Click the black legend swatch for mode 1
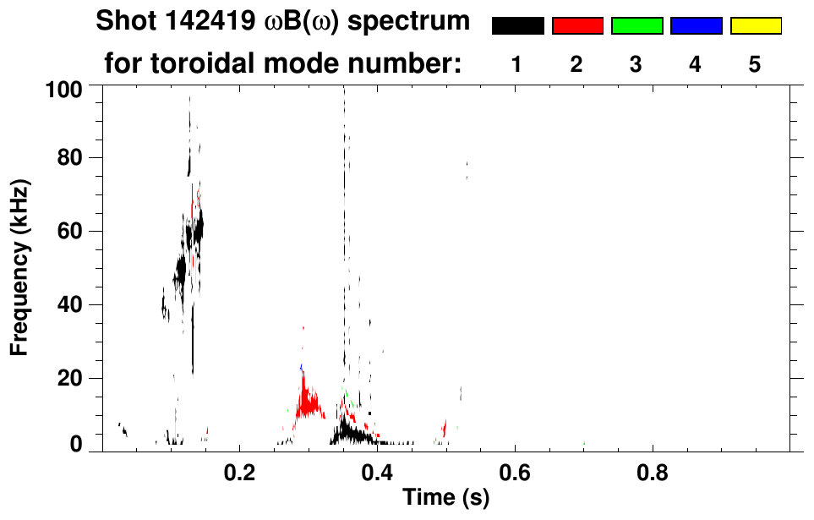pyautogui.click(x=517, y=26)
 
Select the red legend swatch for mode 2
pyautogui.click(x=577, y=26)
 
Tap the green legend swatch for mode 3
pyautogui.click(x=636, y=26)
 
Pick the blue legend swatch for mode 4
pyautogui.click(x=696, y=26)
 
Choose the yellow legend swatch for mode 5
pyautogui.click(x=755, y=26)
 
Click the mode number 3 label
pyautogui.click(x=636, y=64)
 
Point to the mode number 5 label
pyautogui.click(x=755, y=64)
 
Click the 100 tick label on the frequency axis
pyautogui.click(x=64, y=87)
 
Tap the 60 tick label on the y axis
pyautogui.click(x=70, y=231)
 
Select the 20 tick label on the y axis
pyautogui.click(x=70, y=378)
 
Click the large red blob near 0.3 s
pyautogui.click(x=309, y=401)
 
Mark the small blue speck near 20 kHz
pyautogui.click(x=301, y=368)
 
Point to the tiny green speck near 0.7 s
pyautogui.click(x=584, y=443)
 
